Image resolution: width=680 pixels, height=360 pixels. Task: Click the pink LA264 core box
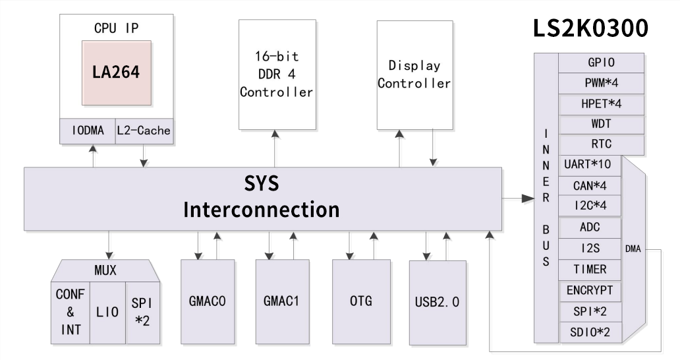117,73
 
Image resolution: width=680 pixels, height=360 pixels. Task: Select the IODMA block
88,131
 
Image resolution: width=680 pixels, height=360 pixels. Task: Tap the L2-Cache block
144,131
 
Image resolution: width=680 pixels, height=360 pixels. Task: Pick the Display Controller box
414,75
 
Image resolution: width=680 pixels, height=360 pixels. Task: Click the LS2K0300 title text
591,28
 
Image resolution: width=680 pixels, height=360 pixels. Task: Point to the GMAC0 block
208,301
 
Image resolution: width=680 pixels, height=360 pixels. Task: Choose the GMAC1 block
282,301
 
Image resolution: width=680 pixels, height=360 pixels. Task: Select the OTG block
361,301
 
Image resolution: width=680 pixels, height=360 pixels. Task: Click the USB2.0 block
437,303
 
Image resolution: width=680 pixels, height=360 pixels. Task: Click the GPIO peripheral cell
601,63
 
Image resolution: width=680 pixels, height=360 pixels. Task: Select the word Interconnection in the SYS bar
261,210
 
